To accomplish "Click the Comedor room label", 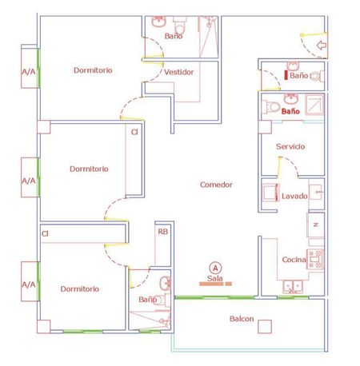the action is point(216,185).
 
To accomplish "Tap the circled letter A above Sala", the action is point(215,268).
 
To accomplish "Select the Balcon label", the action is point(242,319).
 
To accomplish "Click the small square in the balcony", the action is point(265,327).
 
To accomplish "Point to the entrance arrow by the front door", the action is point(322,46).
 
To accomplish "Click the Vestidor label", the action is point(178,72).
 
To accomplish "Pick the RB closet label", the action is point(163,232).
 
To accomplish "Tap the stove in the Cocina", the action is point(315,259).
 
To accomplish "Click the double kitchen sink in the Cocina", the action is point(293,287).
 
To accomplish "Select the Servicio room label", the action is point(290,146).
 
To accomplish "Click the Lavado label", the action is point(294,196).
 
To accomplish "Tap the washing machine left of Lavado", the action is point(270,193).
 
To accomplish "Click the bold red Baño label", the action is point(290,111).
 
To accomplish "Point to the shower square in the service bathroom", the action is point(314,105).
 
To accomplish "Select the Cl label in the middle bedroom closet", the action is point(134,132).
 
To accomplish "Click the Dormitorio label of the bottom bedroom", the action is point(80,288).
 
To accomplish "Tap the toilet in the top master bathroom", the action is point(180,25).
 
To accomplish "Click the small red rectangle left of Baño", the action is point(286,75).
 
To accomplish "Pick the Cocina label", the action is point(294,260).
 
